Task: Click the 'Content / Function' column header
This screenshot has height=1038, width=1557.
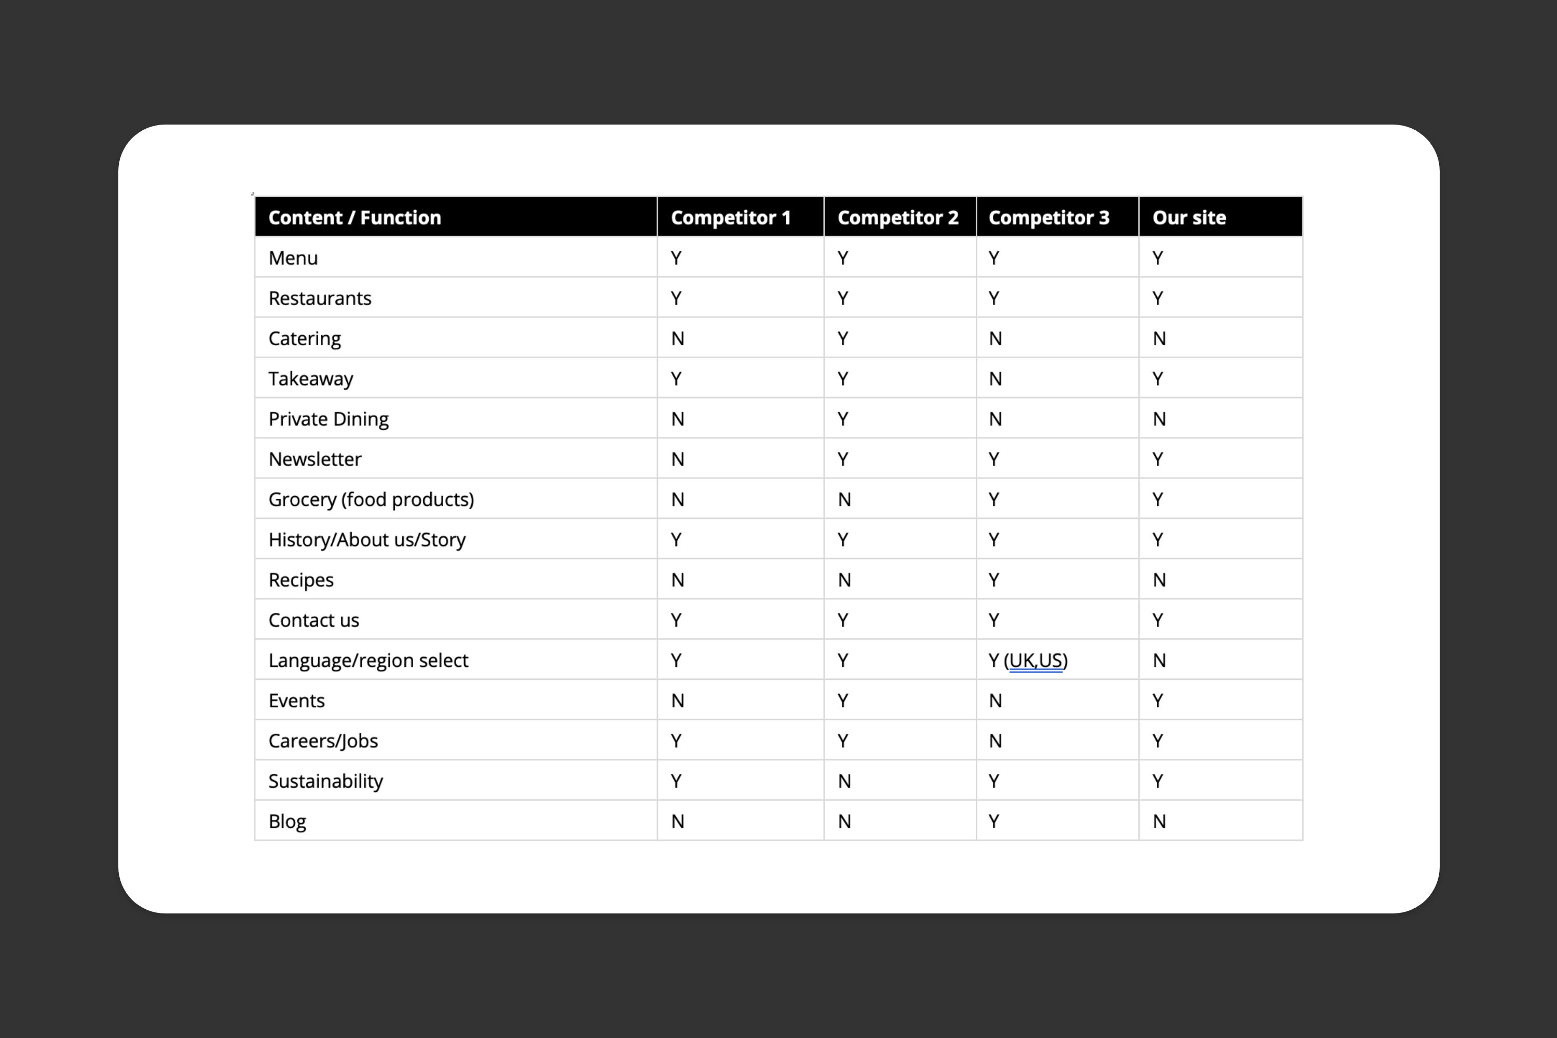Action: tap(355, 218)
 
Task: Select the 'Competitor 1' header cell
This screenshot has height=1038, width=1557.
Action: tap(731, 218)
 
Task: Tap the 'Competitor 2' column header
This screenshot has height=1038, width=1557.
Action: tap(898, 218)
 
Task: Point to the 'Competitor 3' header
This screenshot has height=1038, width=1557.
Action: tap(1048, 218)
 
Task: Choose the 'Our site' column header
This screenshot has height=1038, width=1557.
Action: tap(1189, 218)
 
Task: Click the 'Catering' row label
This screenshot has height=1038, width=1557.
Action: tap(305, 338)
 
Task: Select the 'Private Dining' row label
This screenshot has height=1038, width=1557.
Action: tap(329, 419)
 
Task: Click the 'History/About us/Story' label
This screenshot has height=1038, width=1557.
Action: tap(367, 540)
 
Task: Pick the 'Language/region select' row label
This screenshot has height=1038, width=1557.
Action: tap(368, 660)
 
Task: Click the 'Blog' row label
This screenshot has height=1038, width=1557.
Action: tap(288, 822)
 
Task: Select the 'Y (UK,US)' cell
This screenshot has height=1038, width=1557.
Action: tap(1028, 660)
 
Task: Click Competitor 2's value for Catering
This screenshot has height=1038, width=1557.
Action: tap(843, 338)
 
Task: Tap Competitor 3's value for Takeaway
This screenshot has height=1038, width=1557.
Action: tap(995, 379)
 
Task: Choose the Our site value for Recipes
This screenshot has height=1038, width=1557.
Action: tap(1159, 580)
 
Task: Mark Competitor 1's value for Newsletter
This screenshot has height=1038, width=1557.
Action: tap(677, 459)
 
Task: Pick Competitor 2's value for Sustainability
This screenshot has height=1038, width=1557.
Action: tap(844, 781)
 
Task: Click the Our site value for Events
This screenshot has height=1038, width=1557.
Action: tap(1157, 700)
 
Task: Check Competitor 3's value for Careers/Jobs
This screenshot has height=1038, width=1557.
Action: tap(995, 741)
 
